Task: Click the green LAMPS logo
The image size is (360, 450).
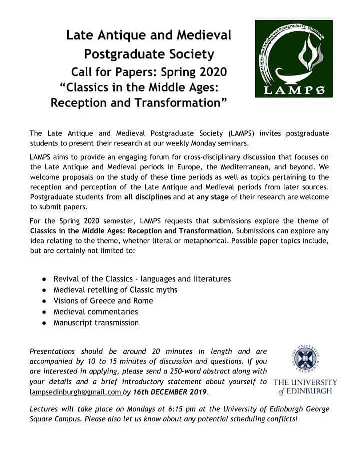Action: pyautogui.click(x=293, y=59)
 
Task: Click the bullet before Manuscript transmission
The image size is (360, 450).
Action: pyautogui.click(x=44, y=323)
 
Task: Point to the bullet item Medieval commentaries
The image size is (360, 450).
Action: pyautogui.click(x=96, y=312)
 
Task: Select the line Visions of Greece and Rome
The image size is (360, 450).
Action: pyautogui.click(x=103, y=301)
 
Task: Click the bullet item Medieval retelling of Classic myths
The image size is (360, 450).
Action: pyautogui.click(x=115, y=290)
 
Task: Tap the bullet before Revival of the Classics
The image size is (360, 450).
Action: pyautogui.click(x=44, y=279)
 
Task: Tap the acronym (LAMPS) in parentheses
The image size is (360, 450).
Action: pyautogui.click(x=245, y=133)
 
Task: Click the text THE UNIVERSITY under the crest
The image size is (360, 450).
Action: pyautogui.click(x=305, y=382)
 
